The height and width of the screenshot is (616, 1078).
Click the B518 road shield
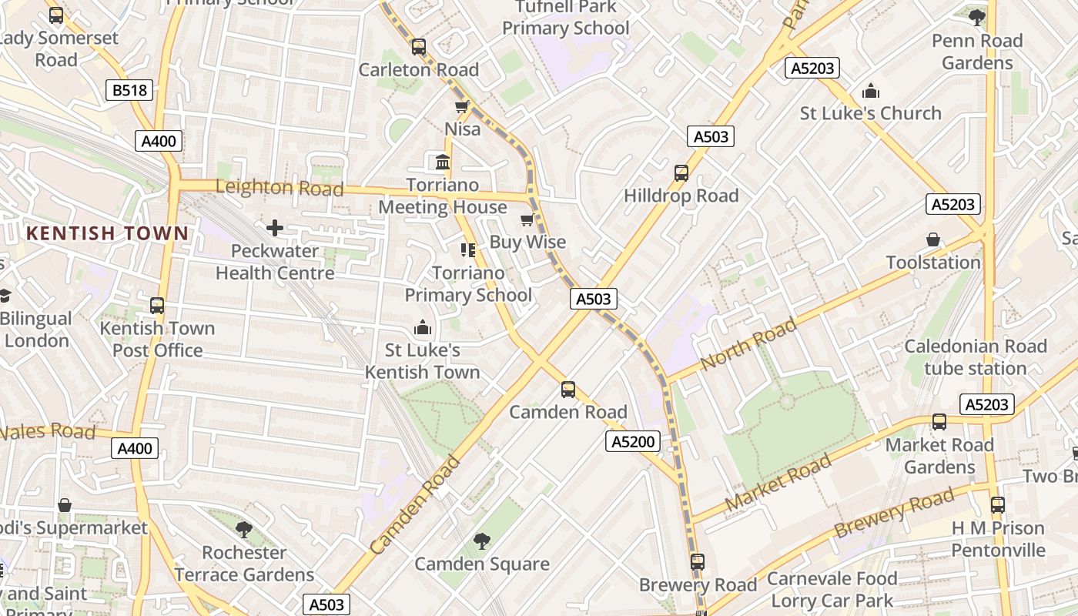click(x=129, y=90)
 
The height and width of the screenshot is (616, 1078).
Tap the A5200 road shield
click(x=632, y=441)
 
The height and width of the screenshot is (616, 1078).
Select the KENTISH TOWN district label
click(x=107, y=233)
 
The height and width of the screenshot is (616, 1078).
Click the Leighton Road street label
click(x=279, y=187)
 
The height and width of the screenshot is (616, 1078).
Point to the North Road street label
click(x=748, y=344)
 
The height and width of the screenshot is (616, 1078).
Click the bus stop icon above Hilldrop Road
click(x=681, y=173)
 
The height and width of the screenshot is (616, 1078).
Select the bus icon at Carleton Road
click(x=418, y=47)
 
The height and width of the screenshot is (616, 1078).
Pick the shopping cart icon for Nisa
click(x=461, y=107)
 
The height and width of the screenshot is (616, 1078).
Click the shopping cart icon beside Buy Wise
click(x=527, y=221)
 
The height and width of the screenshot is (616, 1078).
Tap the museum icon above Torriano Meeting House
click(x=443, y=162)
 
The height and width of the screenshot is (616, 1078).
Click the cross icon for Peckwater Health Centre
click(x=274, y=228)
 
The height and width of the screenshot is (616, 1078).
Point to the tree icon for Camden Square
click(x=482, y=541)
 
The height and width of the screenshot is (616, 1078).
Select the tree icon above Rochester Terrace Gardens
click(x=244, y=530)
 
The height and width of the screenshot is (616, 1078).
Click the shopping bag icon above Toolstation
click(x=933, y=240)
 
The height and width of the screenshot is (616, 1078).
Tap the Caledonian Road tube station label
click(x=975, y=357)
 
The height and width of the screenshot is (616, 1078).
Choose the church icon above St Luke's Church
click(x=871, y=91)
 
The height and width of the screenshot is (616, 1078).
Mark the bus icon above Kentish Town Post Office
click(x=157, y=306)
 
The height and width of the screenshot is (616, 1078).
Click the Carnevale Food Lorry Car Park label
click(x=832, y=589)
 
